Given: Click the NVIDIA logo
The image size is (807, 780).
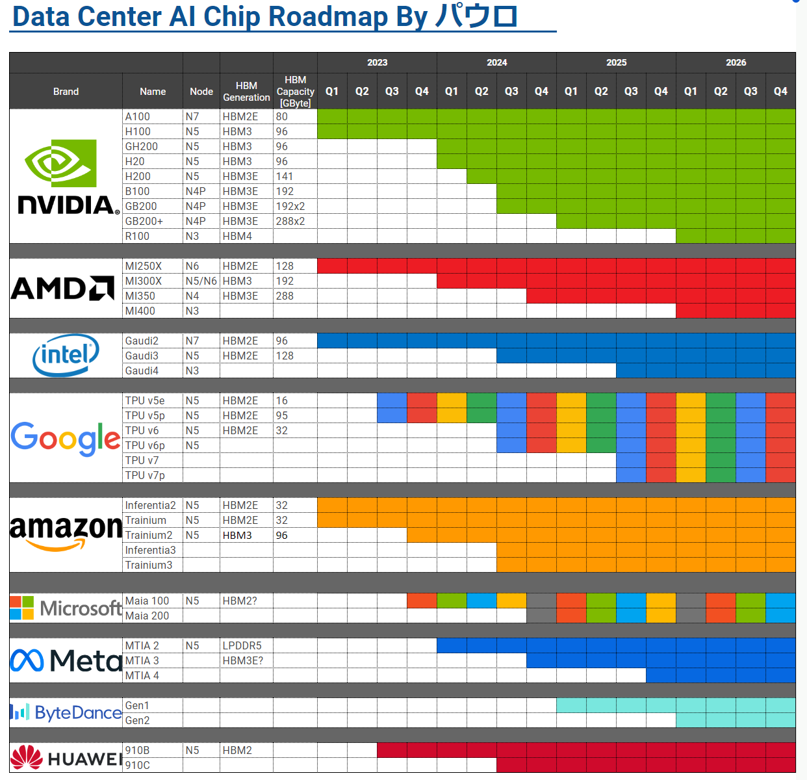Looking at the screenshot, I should [66, 176].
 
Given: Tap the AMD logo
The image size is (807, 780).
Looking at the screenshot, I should [63, 288].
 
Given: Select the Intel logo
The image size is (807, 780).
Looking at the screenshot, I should [66, 355].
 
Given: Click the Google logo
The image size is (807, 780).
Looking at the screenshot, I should [66, 438].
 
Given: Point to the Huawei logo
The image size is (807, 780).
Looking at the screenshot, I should [66, 758].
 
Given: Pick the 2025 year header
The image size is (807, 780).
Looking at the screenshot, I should [616, 62].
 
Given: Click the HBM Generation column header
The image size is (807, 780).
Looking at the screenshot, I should [246, 92].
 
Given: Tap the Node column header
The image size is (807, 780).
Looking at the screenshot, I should [201, 92].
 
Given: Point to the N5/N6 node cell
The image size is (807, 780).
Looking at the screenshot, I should [201, 281].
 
